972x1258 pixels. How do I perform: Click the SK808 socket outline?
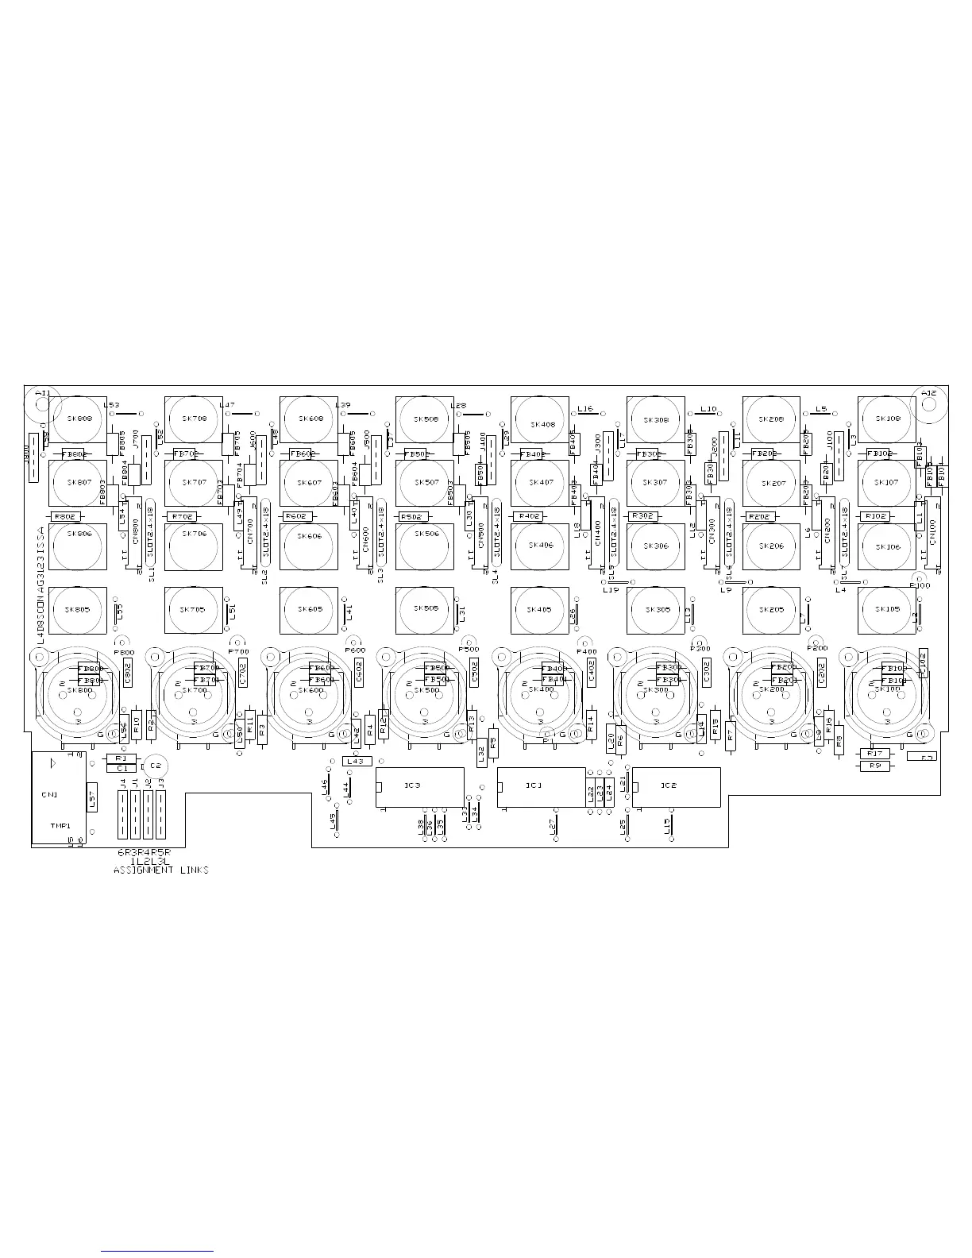pyautogui.click(x=78, y=419)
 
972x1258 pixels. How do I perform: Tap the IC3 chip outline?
pyautogui.click(x=419, y=786)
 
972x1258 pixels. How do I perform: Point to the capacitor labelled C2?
pyautogui.click(x=155, y=765)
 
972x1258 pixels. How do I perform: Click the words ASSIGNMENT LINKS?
pyautogui.click(x=161, y=870)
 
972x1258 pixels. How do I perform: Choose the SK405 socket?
pyautogui.click(x=540, y=610)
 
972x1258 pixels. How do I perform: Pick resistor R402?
pyautogui.click(x=529, y=516)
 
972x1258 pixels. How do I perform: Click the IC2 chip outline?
pyautogui.click(x=676, y=786)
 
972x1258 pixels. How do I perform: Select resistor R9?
pyautogui.click(x=874, y=766)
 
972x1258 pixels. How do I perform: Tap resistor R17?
pyautogui.click(x=874, y=753)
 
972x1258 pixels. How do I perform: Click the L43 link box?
pyautogui.click(x=357, y=761)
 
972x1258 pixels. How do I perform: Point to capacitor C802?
pyautogui.click(x=129, y=673)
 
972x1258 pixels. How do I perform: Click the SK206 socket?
pyautogui.click(x=771, y=546)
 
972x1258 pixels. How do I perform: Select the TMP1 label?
pyautogui.click(x=59, y=825)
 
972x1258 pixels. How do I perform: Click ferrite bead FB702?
pyautogui.click(x=185, y=453)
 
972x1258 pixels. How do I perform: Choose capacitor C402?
pyautogui.click(x=591, y=673)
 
